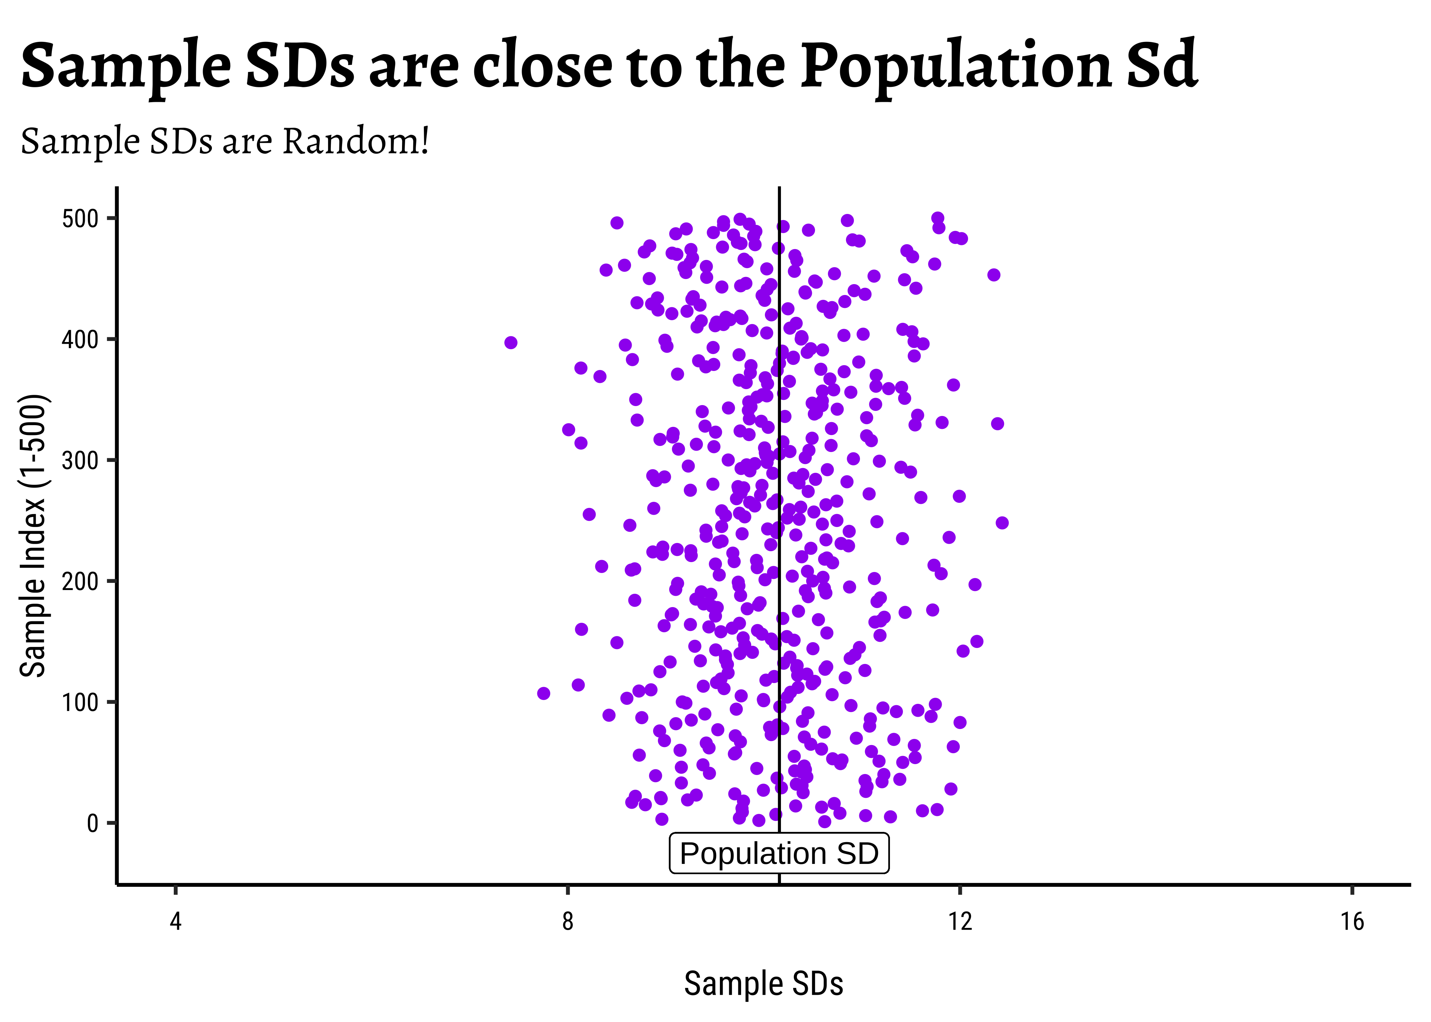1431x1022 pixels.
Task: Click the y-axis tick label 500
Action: [80, 219]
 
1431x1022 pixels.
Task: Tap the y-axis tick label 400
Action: [80, 340]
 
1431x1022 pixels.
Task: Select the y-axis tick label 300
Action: [80, 461]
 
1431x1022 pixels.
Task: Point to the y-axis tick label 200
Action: [80, 582]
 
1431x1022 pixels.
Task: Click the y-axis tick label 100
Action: [80, 702]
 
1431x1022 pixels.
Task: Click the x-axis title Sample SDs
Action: [763, 984]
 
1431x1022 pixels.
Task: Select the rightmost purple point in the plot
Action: [1002, 523]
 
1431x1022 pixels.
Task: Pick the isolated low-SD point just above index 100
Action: [544, 694]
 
